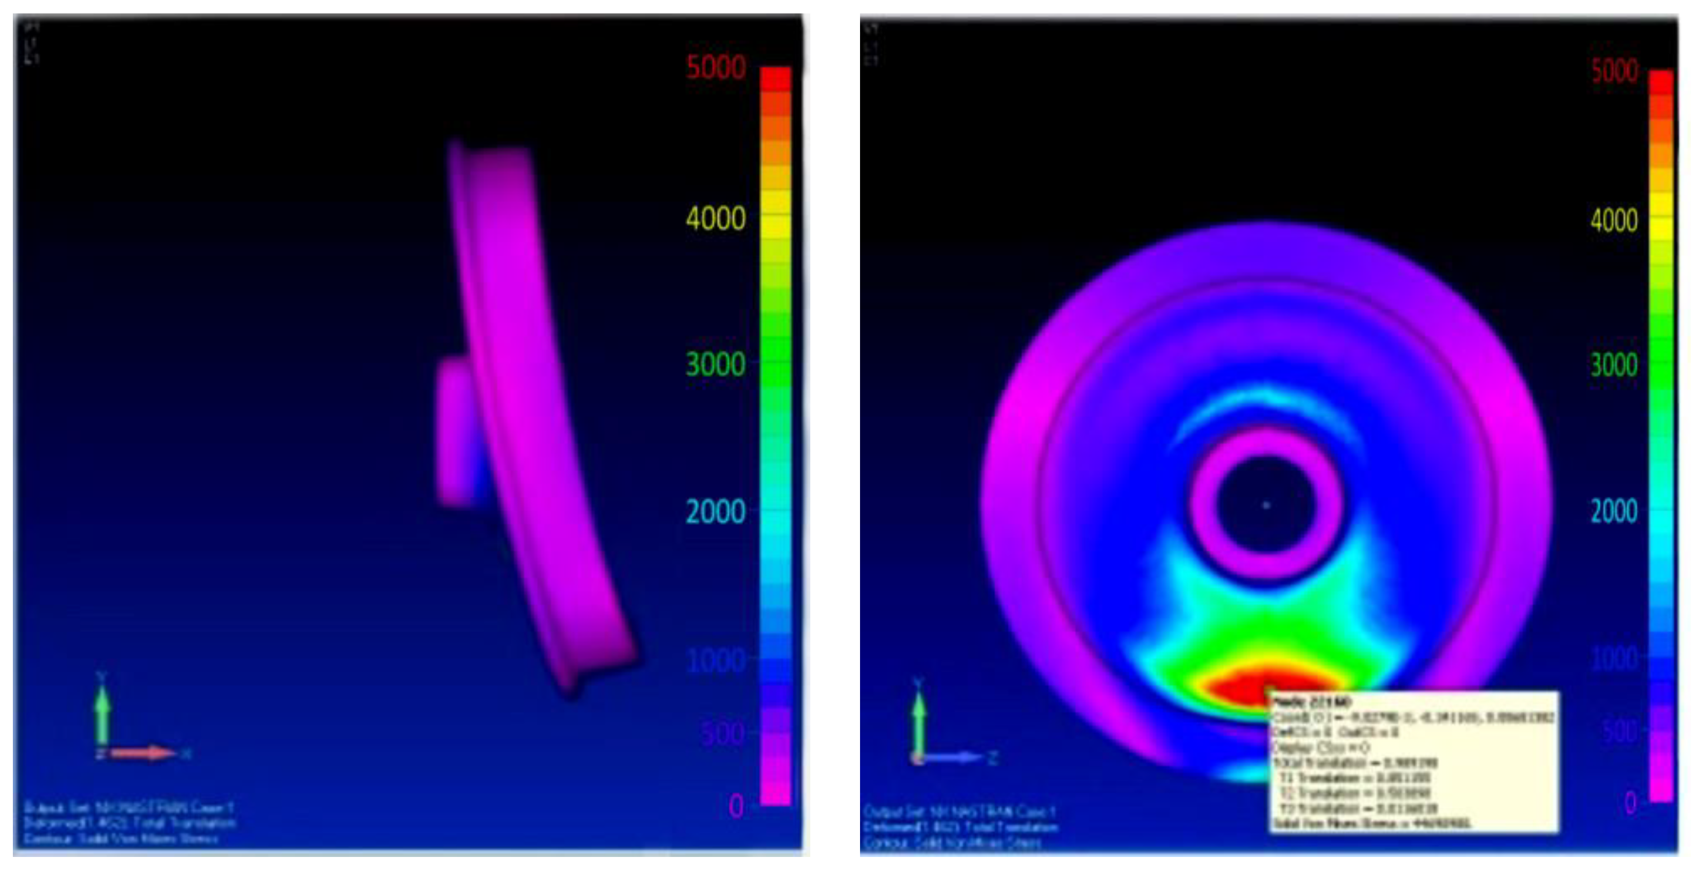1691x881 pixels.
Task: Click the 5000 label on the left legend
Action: tap(716, 68)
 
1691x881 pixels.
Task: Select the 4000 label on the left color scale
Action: tap(716, 219)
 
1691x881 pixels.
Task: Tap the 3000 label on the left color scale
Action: tap(716, 364)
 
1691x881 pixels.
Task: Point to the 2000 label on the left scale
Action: tap(716, 511)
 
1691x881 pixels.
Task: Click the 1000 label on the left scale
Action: tap(716, 659)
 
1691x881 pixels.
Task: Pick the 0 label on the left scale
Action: tap(736, 806)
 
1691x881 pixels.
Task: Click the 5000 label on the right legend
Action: tap(1614, 71)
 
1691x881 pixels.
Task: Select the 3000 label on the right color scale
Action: tap(1614, 365)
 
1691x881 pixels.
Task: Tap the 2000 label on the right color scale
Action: tap(1614, 511)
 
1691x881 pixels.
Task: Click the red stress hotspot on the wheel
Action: tap(1247, 686)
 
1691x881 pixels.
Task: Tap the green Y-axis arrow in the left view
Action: tap(102, 709)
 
